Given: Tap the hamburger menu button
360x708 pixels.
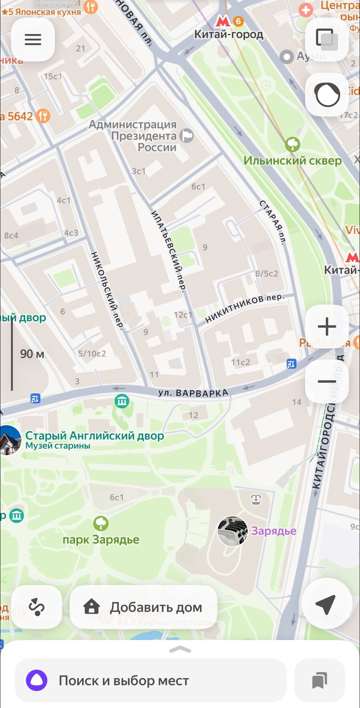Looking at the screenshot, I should pyautogui.click(x=33, y=39).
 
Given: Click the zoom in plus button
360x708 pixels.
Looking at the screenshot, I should pyautogui.click(x=327, y=327).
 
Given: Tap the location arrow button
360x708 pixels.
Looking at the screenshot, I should pyautogui.click(x=326, y=604).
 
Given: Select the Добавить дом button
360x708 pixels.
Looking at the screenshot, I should pyautogui.click(x=143, y=607).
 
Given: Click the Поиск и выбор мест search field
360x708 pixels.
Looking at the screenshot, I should pyautogui.click(x=150, y=681).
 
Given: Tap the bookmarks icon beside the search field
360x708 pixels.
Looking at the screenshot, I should pyautogui.click(x=320, y=681).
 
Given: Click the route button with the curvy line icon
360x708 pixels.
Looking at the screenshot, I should pyautogui.click(x=37, y=607).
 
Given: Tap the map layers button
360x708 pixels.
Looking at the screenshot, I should pyautogui.click(x=327, y=39).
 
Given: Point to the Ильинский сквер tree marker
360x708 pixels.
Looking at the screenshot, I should pyautogui.click(x=292, y=144).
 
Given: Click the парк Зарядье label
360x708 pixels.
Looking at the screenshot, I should pyautogui.click(x=101, y=539).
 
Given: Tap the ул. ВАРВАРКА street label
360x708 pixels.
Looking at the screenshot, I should pyautogui.click(x=193, y=393).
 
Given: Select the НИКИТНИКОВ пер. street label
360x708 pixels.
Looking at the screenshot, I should pyautogui.click(x=245, y=308).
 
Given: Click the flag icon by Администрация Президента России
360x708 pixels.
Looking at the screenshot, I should pyautogui.click(x=187, y=136).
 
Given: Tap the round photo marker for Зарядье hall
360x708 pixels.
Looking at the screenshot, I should pyautogui.click(x=232, y=531).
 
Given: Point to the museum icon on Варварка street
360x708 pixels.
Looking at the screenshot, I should pyautogui.click(x=122, y=401).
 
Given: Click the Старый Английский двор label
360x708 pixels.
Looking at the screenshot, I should pyautogui.click(x=94, y=436).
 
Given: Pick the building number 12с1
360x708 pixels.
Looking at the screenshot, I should pyautogui.click(x=183, y=315).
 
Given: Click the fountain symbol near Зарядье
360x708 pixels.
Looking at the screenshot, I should pyautogui.click(x=256, y=500).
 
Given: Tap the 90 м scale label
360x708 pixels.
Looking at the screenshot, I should pyautogui.click(x=32, y=354).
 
